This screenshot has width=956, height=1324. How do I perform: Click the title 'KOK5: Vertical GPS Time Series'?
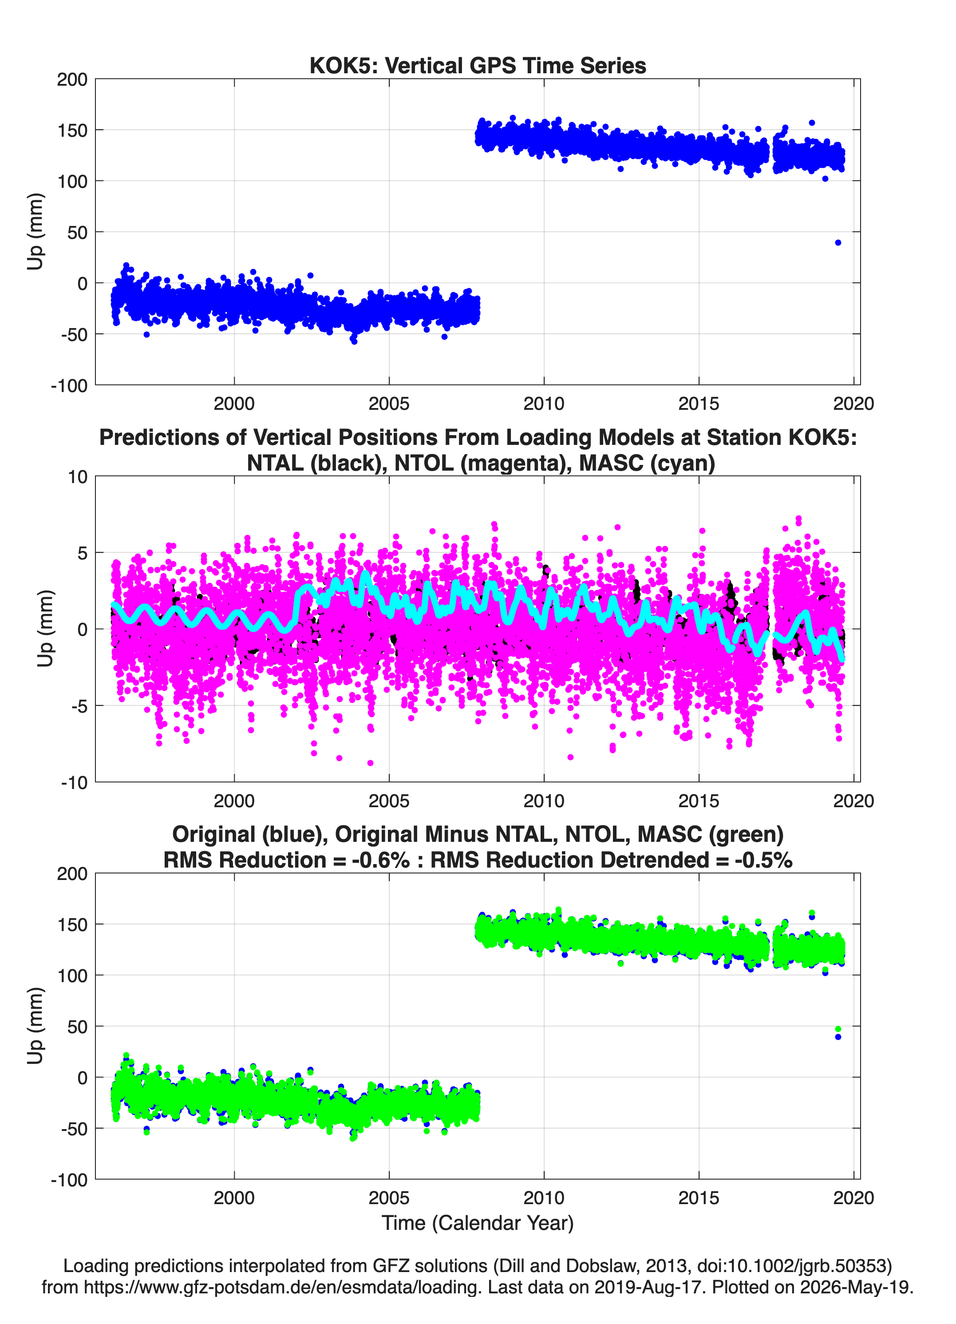[478, 65]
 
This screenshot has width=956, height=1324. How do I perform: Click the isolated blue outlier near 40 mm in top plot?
[838, 242]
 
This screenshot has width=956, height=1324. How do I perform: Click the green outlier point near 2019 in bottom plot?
[838, 1029]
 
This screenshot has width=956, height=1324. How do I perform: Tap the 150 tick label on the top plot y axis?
[72, 130]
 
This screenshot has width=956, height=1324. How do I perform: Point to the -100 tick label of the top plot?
[69, 385]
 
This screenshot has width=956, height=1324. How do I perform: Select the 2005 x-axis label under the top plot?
[389, 404]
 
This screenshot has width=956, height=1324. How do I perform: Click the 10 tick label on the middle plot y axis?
[78, 477]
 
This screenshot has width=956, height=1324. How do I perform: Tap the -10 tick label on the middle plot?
[74, 782]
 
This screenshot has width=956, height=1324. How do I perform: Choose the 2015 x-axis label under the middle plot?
[699, 801]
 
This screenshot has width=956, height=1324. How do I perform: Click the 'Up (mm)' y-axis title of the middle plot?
[46, 628]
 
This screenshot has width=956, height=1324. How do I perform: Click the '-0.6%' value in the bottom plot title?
[380, 860]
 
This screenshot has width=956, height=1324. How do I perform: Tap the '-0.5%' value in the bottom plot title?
[763, 860]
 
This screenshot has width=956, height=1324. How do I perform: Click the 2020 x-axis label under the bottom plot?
[853, 1198]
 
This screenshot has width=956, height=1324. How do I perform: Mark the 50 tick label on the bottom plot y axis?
[78, 1026]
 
